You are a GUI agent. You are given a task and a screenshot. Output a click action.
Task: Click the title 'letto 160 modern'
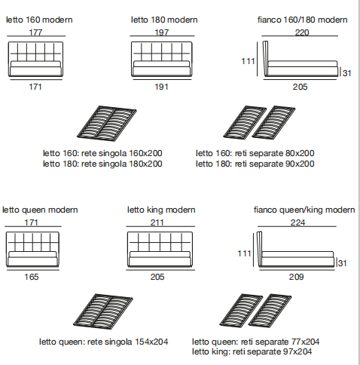[39, 20]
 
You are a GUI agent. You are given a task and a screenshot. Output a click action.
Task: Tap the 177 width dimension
[35, 32]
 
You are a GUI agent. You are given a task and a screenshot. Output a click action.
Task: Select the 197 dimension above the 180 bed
[161, 32]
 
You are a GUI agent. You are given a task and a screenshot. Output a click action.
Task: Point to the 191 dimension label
[161, 87]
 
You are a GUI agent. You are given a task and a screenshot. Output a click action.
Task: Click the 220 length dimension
[301, 32]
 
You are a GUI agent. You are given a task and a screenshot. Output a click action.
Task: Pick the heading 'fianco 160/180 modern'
[303, 20]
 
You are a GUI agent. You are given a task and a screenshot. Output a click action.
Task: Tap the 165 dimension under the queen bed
[32, 277]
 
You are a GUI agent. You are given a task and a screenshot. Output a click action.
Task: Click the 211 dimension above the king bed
[157, 222]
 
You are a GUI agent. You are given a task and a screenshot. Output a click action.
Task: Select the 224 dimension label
[297, 222]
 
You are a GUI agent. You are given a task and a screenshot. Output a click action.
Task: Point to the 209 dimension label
[296, 277]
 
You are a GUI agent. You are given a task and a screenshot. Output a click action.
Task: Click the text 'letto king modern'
[161, 210]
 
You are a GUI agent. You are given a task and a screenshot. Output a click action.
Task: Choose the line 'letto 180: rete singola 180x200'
[102, 164]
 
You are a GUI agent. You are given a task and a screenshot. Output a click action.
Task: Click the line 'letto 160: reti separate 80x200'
[255, 153]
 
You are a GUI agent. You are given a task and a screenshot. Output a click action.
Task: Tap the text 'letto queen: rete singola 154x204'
[103, 342]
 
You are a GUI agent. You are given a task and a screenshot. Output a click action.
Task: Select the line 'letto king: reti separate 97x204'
[252, 351]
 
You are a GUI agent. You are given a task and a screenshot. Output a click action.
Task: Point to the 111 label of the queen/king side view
[244, 253]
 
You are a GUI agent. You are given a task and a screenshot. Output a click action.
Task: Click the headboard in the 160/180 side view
[265, 58]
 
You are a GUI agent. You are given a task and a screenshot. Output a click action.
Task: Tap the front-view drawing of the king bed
[160, 249]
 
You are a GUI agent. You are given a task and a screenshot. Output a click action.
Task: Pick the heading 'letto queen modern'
[40, 210]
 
